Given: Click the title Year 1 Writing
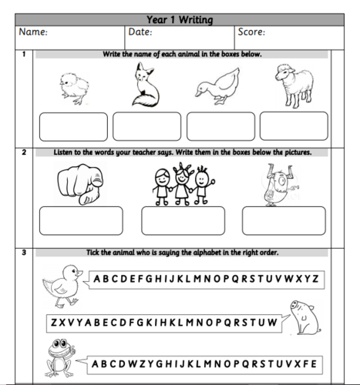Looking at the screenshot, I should pyautogui.click(x=180, y=19).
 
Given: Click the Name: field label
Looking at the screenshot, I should pyautogui.click(x=34, y=32).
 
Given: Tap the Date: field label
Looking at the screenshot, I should pyautogui.click(x=140, y=32).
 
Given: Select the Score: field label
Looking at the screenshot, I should pyautogui.click(x=254, y=32).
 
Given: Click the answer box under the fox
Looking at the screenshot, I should pyautogui.click(x=146, y=126).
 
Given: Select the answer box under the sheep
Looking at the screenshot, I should pyautogui.click(x=294, y=126).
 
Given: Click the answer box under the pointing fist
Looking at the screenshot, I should pyautogui.click(x=80, y=219).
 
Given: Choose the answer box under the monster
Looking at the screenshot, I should pyautogui.click(x=272, y=219).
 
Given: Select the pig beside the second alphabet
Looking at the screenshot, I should pyautogui.click(x=302, y=316).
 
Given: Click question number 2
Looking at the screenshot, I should pyautogui.click(x=24, y=152).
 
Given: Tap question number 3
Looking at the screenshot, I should pyautogui.click(x=24, y=252).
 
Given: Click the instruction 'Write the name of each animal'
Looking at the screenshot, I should pyautogui.click(x=182, y=55).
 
